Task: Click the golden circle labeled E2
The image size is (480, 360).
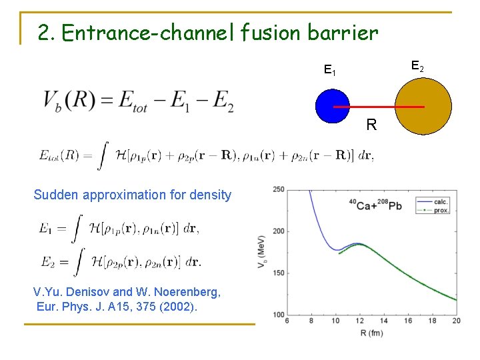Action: pos(423,107)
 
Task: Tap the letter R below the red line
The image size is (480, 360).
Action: pos(371,125)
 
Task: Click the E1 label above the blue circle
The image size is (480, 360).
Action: pos(329,69)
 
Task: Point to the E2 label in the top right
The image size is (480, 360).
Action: pos(417,66)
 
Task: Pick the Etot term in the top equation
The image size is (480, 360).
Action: pos(137,101)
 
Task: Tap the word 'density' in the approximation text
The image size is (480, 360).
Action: pos(209,195)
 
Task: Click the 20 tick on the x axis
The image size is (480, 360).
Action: pos(457,321)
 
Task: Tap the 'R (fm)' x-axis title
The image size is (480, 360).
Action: pos(371,331)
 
